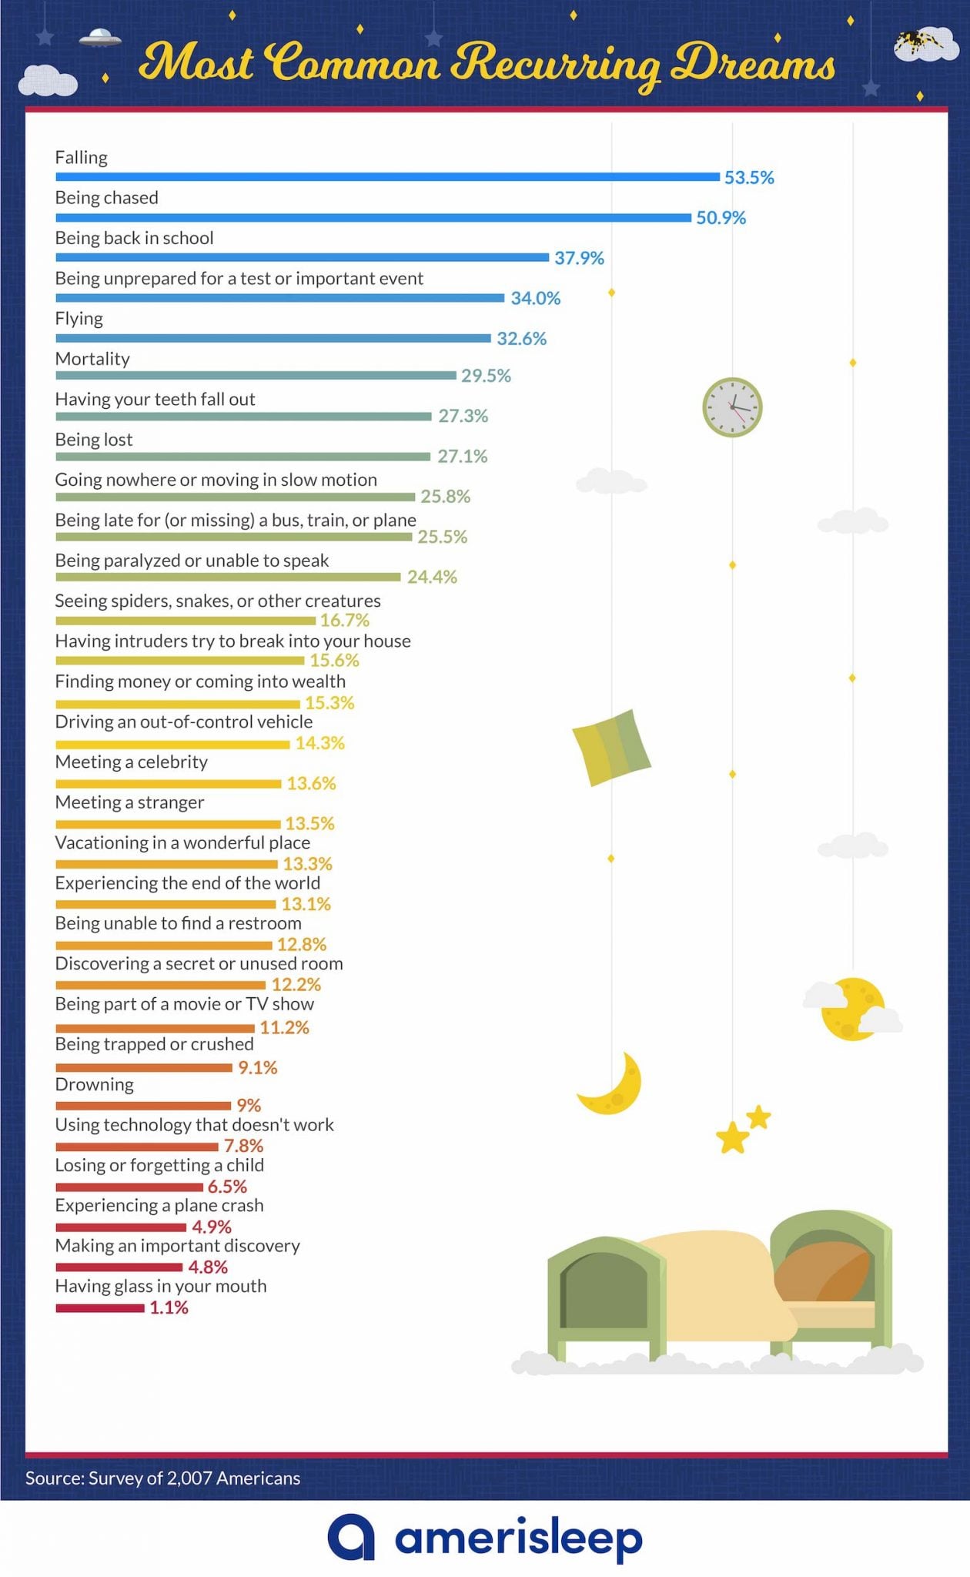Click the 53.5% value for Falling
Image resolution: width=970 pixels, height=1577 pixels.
coord(748,178)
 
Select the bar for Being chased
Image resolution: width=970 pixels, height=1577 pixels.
coord(373,218)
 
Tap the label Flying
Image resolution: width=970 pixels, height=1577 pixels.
coord(79,319)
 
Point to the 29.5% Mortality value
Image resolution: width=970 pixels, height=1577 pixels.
coord(486,376)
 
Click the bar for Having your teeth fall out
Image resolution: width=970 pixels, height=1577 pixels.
coord(243,417)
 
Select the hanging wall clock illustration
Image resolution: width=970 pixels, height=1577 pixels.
coord(732,407)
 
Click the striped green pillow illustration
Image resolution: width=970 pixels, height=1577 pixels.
coord(611,748)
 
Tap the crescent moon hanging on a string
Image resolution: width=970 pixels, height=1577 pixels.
coord(613,1085)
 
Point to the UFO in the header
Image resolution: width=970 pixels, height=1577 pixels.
coord(100,36)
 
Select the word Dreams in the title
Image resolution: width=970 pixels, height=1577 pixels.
coord(752,63)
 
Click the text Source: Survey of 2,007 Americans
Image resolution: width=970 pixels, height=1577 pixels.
coord(162,1478)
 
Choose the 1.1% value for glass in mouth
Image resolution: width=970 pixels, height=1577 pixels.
coord(169,1307)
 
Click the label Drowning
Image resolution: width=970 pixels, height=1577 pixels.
coord(94,1085)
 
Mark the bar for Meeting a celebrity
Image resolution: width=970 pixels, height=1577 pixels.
coord(168,784)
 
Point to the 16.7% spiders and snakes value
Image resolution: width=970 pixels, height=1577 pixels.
coord(344,621)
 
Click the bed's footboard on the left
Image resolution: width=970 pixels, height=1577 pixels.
coord(605,1297)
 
